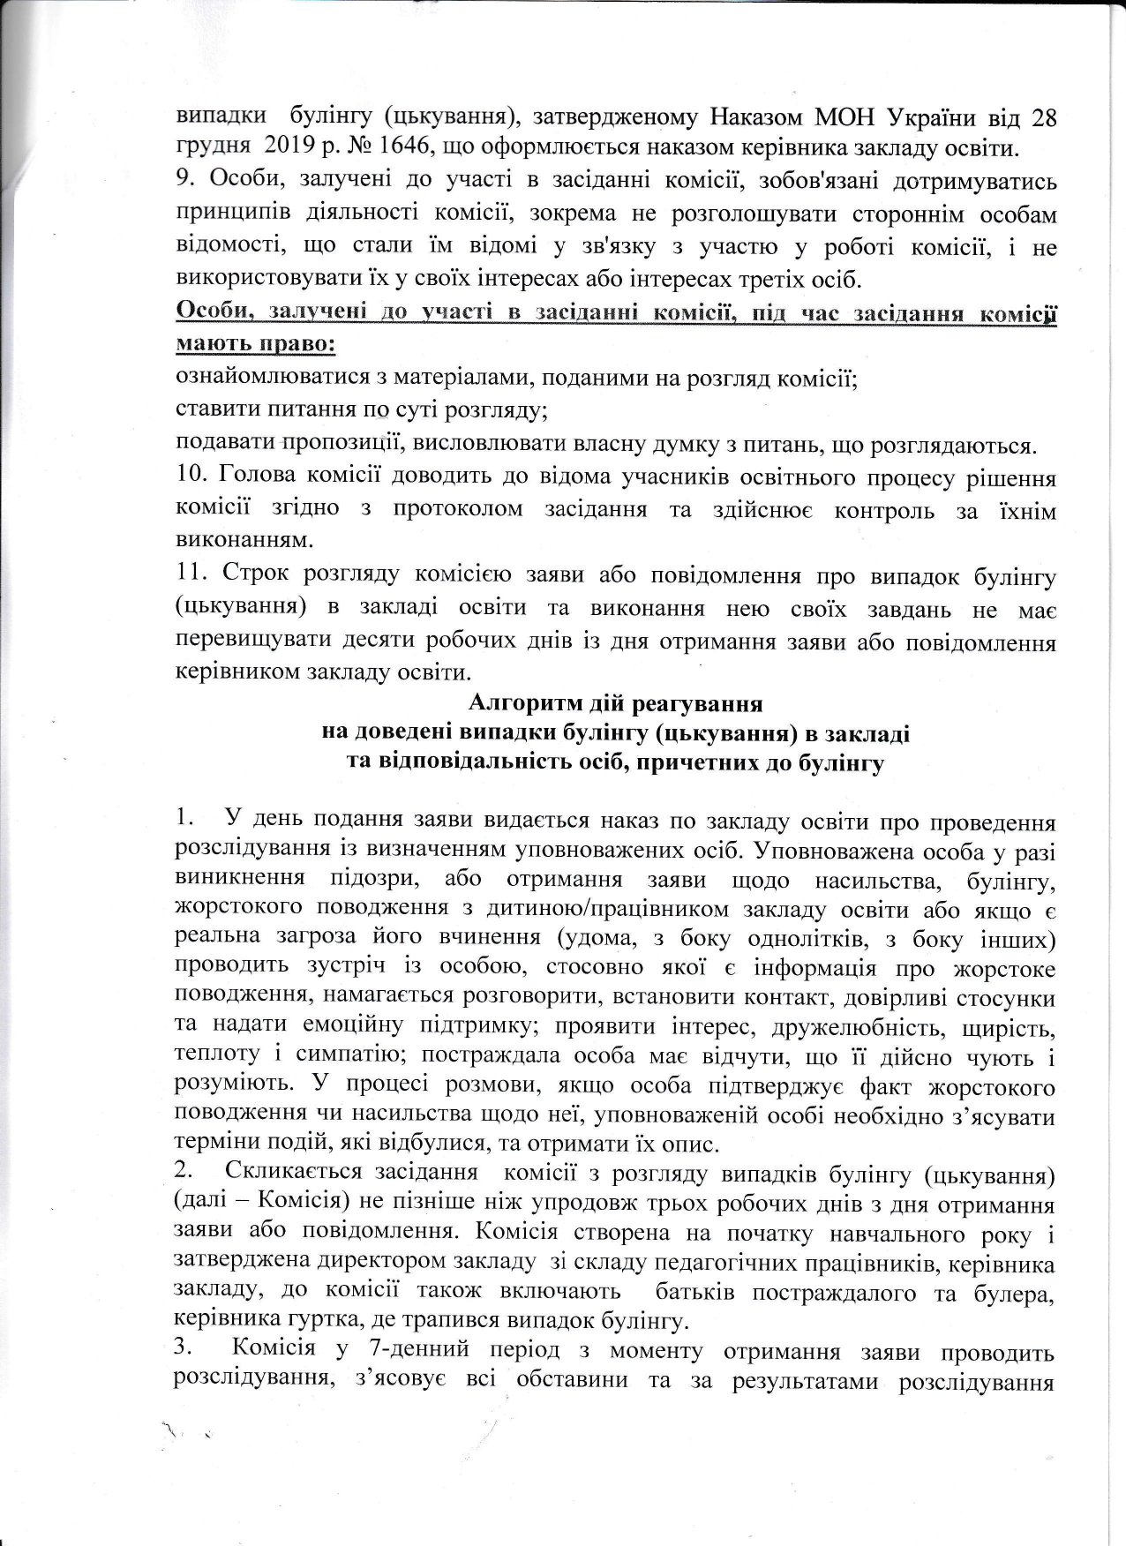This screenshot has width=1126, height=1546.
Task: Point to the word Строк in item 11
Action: pyautogui.click(x=255, y=577)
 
